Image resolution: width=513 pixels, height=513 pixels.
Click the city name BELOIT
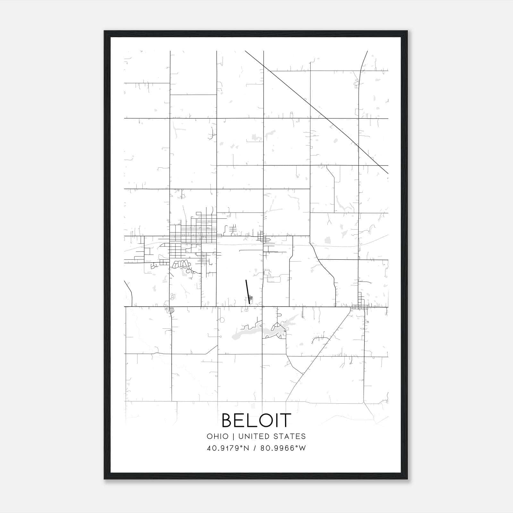[256, 420]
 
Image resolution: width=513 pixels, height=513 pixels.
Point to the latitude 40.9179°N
[228, 448]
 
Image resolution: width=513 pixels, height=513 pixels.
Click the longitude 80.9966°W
[283, 448]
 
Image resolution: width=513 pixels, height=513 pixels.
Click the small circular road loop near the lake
[222, 320]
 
